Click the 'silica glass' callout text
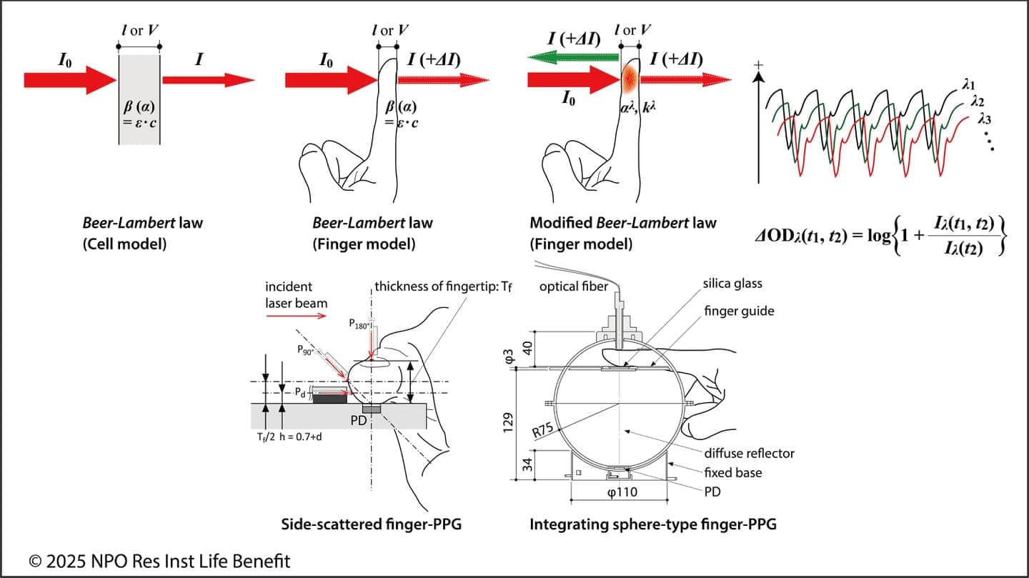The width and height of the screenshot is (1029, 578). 731,284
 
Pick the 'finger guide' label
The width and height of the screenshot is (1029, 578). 739,311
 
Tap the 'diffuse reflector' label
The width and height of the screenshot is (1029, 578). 749,453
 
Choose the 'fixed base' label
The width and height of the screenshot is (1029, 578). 732,472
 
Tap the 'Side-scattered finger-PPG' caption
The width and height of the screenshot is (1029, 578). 371,525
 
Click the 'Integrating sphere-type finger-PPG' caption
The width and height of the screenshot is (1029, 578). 652,525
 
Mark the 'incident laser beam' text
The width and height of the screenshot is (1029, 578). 296,294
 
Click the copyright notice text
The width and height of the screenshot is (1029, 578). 159,561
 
